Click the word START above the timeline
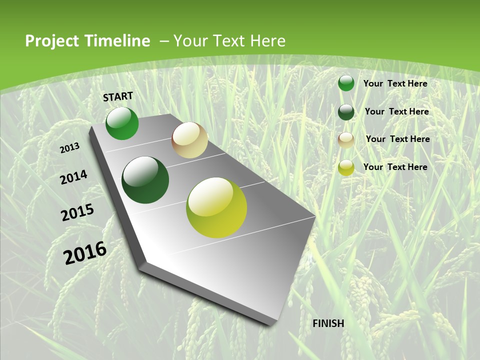click(x=118, y=96)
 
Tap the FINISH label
click(x=328, y=323)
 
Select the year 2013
click(x=70, y=148)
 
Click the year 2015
click(x=77, y=212)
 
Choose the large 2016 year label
click(x=85, y=253)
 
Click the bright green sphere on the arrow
click(x=122, y=123)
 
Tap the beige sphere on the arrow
click(x=189, y=140)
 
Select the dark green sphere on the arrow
click(x=145, y=180)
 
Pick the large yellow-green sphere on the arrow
click(x=216, y=207)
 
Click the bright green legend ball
click(x=346, y=83)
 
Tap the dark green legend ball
click(x=346, y=112)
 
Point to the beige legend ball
click(x=346, y=139)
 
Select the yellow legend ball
click(x=346, y=167)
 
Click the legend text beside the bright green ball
click(x=395, y=83)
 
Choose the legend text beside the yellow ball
click(x=395, y=167)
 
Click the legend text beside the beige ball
click(x=397, y=139)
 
